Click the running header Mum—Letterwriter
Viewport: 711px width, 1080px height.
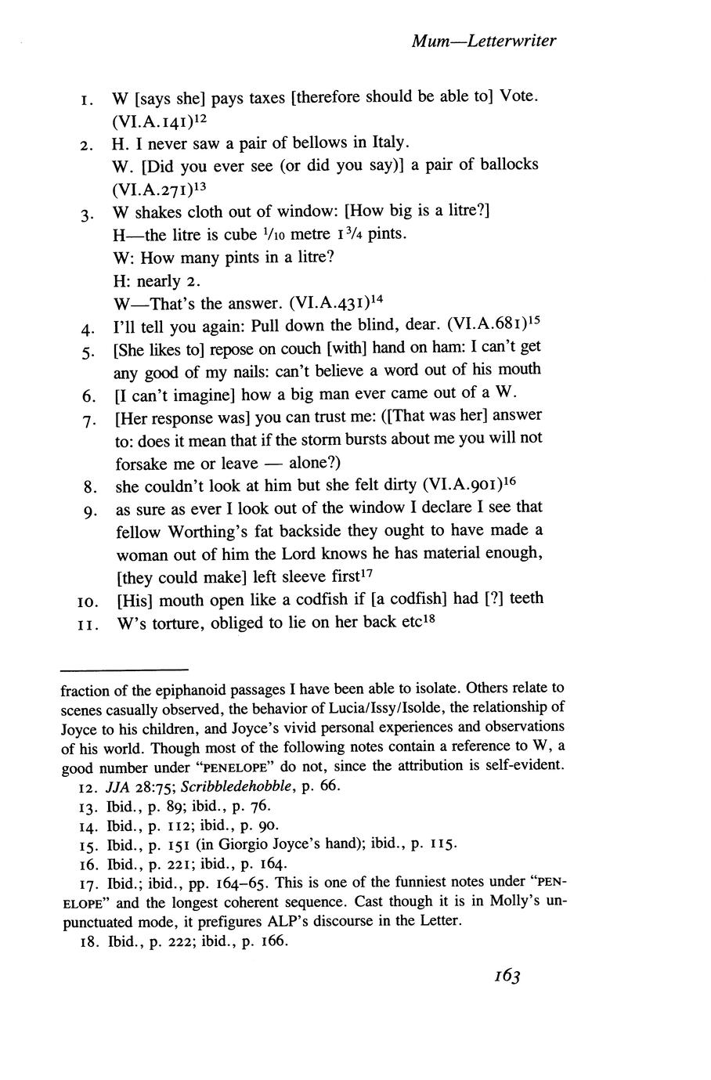coord(483,41)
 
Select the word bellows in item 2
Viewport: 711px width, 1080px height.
coord(301,143)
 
